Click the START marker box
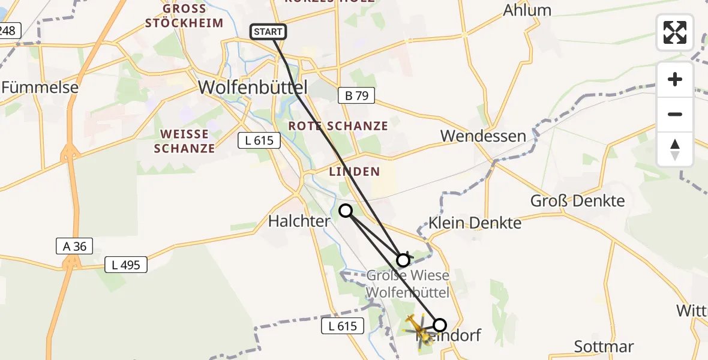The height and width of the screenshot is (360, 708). (x=268, y=32)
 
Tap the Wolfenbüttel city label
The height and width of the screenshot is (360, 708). (x=253, y=88)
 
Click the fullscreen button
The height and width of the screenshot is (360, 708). (x=675, y=32)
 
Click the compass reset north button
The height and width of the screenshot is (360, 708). (x=675, y=149)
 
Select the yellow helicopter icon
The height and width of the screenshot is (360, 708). (x=418, y=329)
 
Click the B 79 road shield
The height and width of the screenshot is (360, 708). (x=356, y=95)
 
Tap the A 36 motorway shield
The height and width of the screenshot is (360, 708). (x=74, y=245)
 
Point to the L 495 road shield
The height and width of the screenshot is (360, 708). (x=126, y=264)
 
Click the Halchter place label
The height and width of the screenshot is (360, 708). (x=299, y=221)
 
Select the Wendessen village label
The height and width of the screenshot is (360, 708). (x=483, y=136)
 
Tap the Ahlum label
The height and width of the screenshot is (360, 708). (x=527, y=10)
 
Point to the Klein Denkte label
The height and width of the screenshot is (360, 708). (x=475, y=223)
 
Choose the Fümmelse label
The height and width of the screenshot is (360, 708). (x=40, y=88)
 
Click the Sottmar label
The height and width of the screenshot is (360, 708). (x=603, y=346)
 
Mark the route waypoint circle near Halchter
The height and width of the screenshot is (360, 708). (x=346, y=210)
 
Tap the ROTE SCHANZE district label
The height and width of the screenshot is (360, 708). (x=338, y=126)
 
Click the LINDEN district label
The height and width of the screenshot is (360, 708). (x=354, y=172)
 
